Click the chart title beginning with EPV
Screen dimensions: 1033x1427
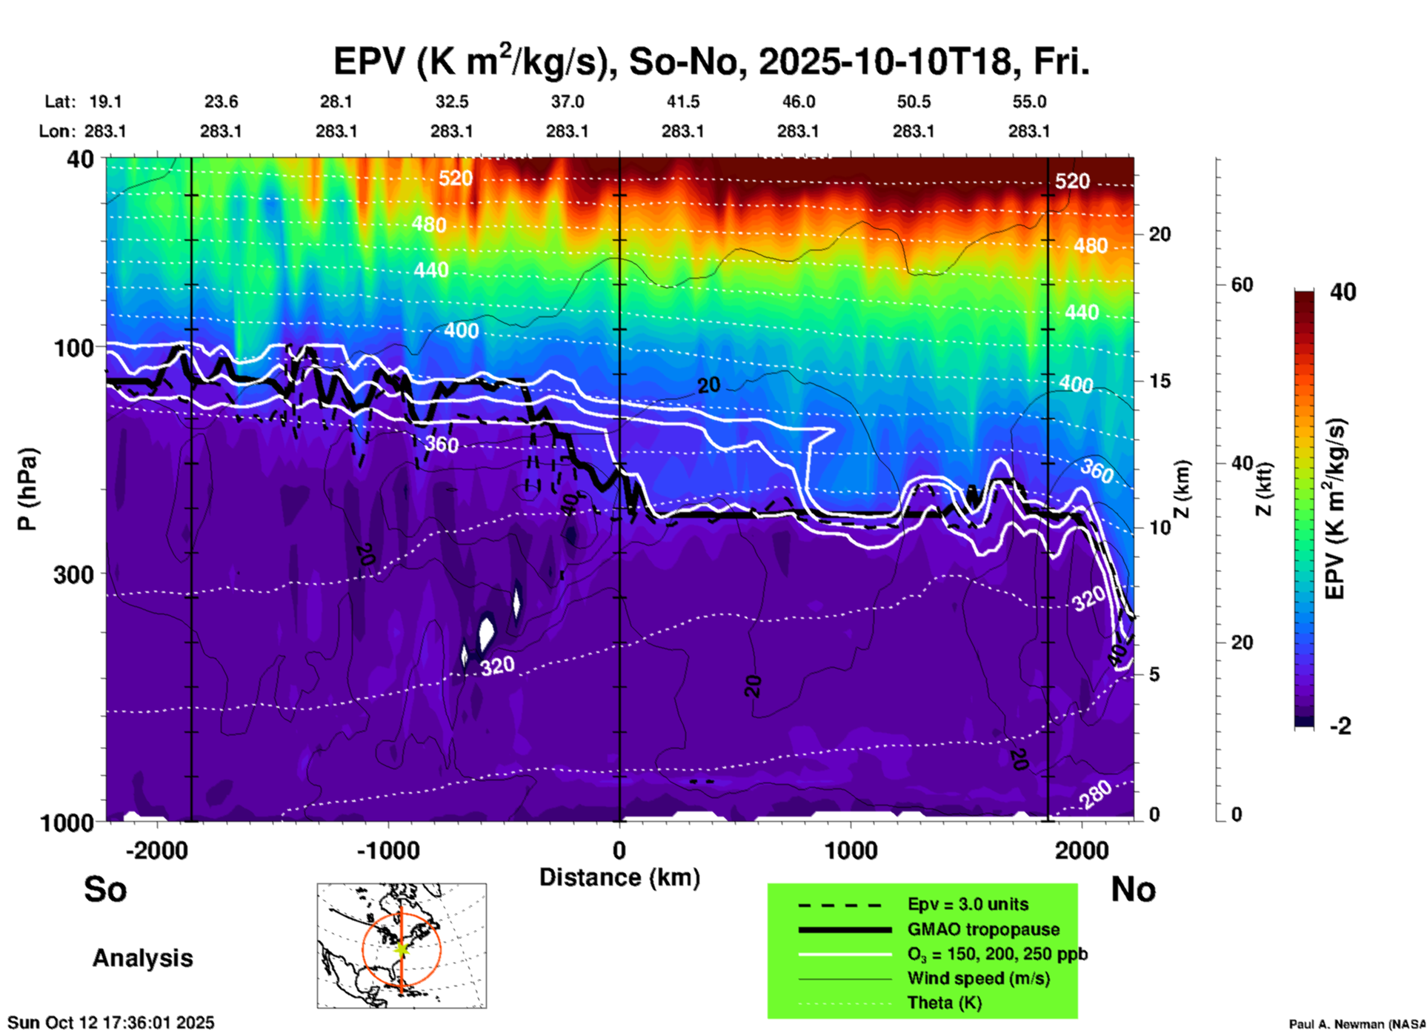(x=711, y=61)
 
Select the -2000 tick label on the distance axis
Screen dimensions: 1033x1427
(x=156, y=850)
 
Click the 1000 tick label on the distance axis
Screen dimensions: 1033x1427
(x=851, y=850)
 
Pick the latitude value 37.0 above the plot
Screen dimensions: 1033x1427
(x=567, y=102)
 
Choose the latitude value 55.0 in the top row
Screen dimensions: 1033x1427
(x=1029, y=102)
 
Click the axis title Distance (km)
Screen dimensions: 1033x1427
(x=619, y=877)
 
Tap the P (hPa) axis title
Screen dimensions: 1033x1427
(x=27, y=489)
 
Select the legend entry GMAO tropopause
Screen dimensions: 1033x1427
(x=983, y=929)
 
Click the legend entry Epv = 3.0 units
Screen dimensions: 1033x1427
(x=968, y=904)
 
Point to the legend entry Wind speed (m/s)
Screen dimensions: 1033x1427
(x=978, y=978)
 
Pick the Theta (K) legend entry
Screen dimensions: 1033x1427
(x=944, y=1003)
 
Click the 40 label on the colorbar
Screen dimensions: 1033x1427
(x=1343, y=292)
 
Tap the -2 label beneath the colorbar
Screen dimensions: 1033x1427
(x=1340, y=726)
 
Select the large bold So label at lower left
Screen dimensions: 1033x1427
(x=105, y=889)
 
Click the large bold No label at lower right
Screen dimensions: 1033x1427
(x=1133, y=889)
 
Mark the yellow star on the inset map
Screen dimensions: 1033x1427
(x=402, y=948)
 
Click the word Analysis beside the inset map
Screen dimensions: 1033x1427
(x=142, y=958)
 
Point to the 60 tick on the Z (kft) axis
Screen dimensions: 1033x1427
(x=1242, y=285)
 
